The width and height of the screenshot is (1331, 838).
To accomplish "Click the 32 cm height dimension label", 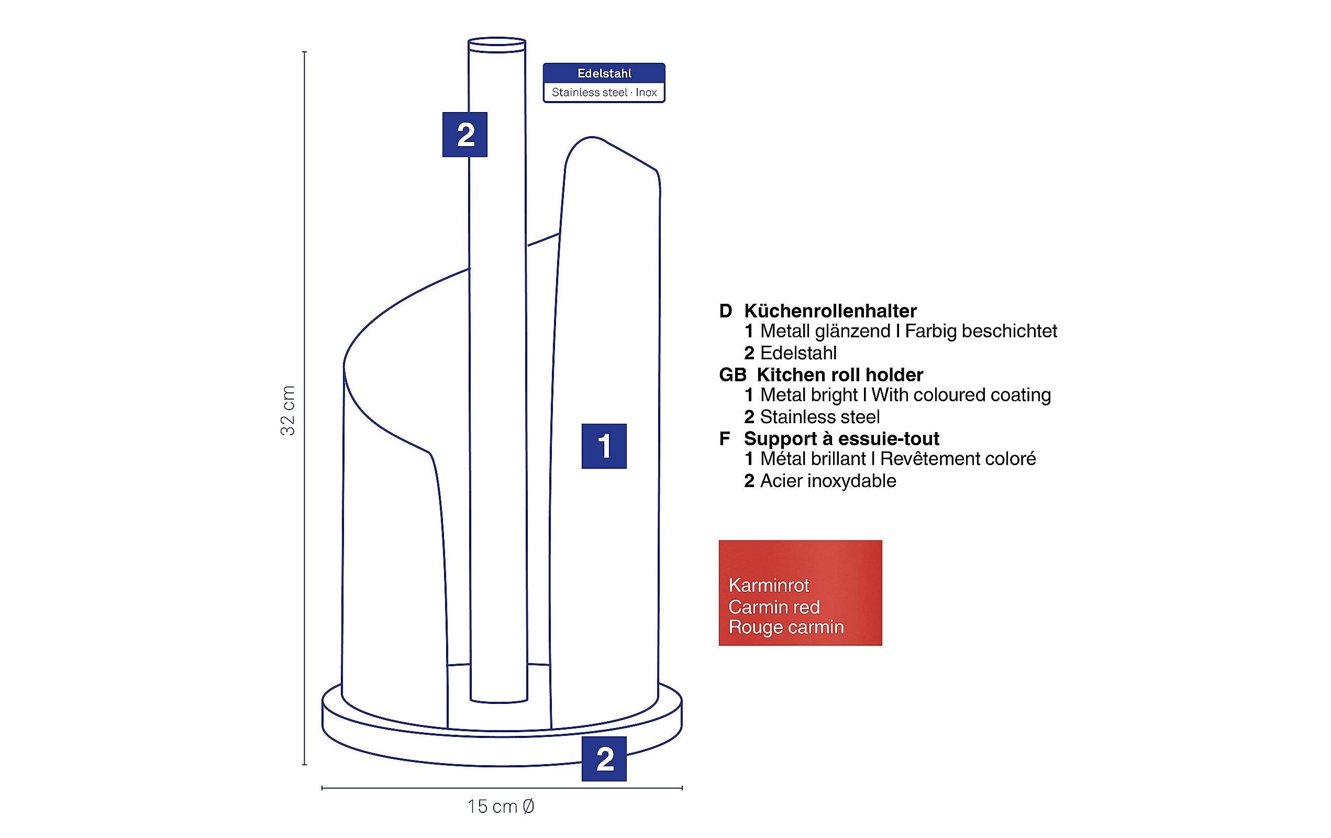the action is tap(288, 411).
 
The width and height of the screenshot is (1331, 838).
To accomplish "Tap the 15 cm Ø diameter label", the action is tap(501, 807).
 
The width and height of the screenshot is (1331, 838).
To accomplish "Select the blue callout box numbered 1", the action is tap(604, 446).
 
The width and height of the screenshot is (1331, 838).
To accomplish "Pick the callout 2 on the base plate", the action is tap(604, 759).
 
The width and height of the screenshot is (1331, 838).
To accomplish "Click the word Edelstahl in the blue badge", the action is tap(604, 73).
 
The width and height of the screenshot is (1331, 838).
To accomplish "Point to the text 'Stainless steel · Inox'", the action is tap(604, 92).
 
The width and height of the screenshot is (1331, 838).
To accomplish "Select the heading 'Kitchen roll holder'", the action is tap(840, 375).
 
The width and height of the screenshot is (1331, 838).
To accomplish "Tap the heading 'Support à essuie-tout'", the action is tap(841, 438).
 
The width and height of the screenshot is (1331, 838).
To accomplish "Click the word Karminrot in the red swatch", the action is tap(768, 585).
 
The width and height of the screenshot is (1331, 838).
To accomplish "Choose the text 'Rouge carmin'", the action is tap(786, 627).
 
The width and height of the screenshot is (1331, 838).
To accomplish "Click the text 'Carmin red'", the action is tap(774, 607).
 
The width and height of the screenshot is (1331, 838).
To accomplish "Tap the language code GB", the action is tap(733, 375).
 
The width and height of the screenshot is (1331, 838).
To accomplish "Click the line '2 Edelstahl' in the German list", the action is tap(791, 352).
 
